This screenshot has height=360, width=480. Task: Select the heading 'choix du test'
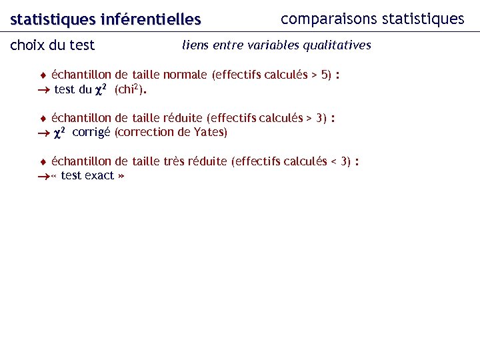point(53,46)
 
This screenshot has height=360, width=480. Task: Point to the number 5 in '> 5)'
point(325,75)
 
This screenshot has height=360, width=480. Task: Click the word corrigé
point(91,132)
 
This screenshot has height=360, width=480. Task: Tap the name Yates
point(210,132)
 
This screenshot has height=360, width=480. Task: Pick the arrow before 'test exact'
point(43,176)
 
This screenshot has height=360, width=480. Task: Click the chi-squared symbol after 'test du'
point(103,90)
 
